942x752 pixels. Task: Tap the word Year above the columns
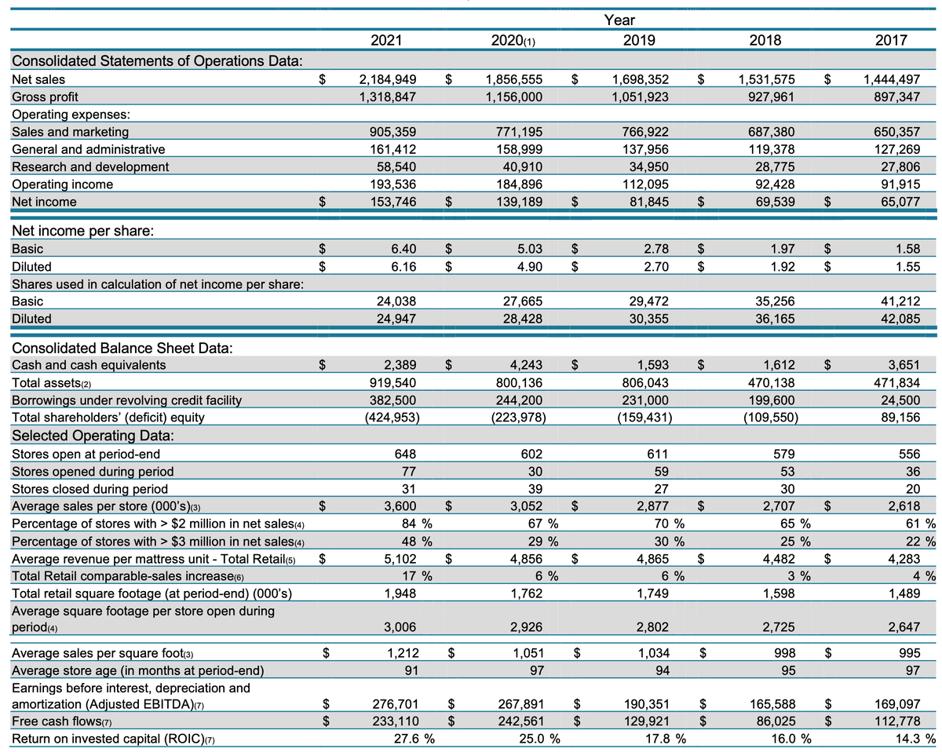point(619,20)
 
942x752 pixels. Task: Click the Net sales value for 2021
point(387,78)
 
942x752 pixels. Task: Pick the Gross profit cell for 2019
point(641,97)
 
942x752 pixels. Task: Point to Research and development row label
point(90,166)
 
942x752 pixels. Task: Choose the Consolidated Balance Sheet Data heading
point(122,348)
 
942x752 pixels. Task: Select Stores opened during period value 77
point(407,472)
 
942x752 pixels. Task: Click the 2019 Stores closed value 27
point(660,488)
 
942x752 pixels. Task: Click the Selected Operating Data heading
point(93,436)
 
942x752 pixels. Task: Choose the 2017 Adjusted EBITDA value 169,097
point(891,704)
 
